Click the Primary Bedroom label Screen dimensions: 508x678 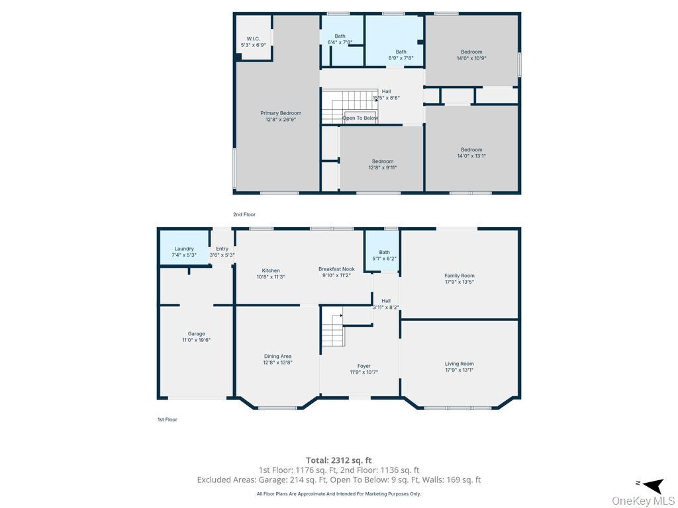tap(280, 116)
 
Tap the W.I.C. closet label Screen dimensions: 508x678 tap(253, 42)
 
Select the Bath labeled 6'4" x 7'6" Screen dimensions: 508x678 tap(340, 39)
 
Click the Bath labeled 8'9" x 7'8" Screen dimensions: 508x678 tap(401, 54)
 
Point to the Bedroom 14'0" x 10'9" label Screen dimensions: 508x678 tap(471, 55)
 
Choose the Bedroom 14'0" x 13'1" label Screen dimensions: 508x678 tap(471, 153)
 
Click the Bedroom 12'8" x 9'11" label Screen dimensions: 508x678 tap(382, 165)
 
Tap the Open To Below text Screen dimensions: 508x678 tap(360, 118)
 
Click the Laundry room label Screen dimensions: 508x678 tap(184, 251)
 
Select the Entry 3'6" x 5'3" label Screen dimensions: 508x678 tap(222, 251)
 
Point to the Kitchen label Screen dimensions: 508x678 tap(270, 273)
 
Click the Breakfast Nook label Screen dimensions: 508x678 tap(336, 272)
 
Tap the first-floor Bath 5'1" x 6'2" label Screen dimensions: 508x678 tap(384, 255)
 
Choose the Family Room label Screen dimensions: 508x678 tap(459, 278)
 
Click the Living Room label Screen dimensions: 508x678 tap(459, 366)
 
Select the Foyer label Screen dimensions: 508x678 tap(363, 368)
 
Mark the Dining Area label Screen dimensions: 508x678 tap(277, 359)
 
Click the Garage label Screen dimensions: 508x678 tap(196, 337)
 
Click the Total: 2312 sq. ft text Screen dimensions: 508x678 tap(338, 460)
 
